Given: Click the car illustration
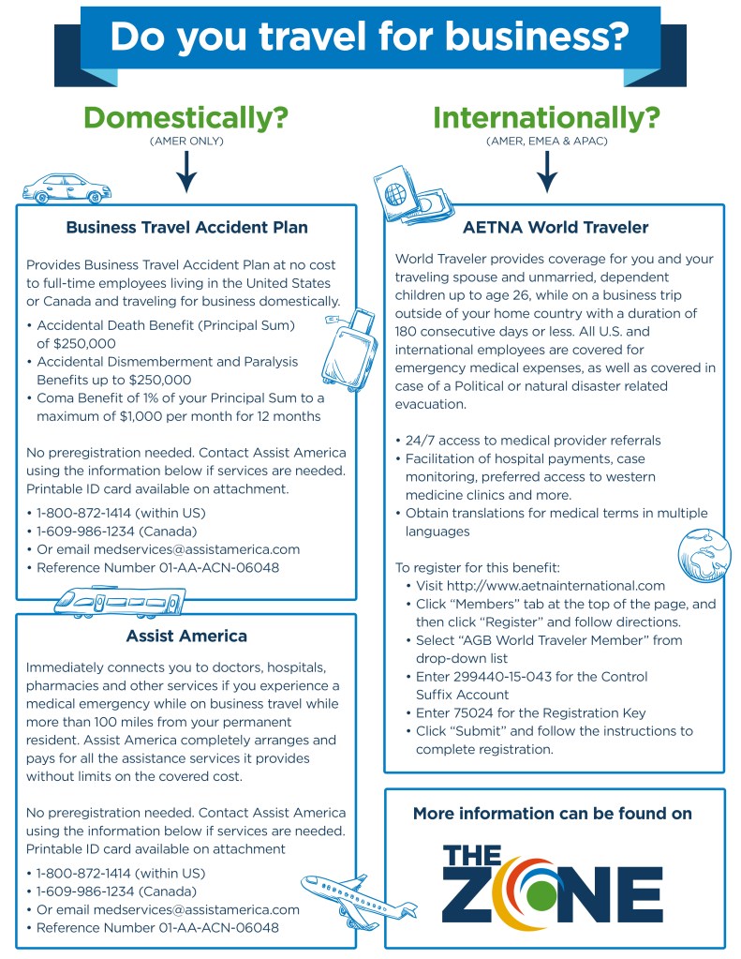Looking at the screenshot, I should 66,188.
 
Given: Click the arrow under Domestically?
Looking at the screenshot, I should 186,171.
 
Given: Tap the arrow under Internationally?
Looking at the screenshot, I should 546,171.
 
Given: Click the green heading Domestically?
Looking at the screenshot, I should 185,118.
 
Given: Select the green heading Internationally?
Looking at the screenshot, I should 546,118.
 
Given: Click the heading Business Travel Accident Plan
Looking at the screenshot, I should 186,228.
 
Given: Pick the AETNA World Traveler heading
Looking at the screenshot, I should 556,228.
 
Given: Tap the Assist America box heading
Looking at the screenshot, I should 186,637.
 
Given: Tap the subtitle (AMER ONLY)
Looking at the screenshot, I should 185,141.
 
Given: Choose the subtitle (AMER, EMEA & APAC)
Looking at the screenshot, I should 546,141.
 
